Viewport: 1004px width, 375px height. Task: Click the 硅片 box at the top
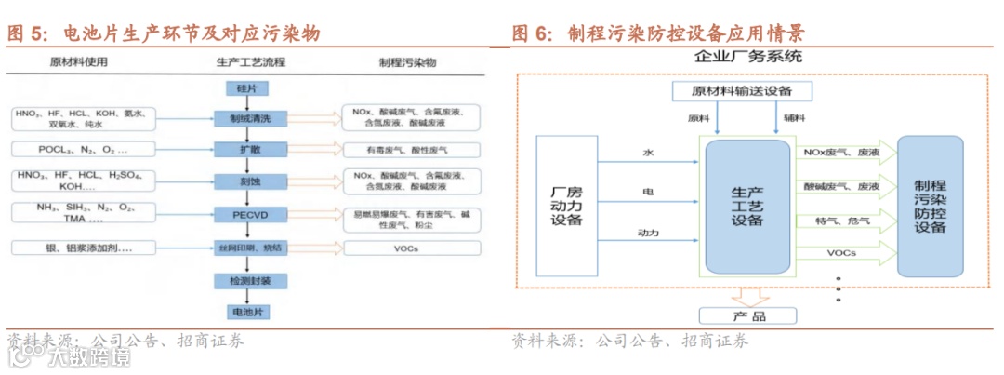click(x=246, y=88)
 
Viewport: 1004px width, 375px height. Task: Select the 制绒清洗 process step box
click(x=246, y=118)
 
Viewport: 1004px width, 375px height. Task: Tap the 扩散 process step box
click(x=246, y=149)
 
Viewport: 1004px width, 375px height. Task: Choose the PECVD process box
click(x=246, y=214)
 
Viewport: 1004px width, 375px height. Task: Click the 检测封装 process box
click(x=246, y=280)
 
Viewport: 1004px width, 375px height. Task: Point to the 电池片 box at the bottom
click(x=246, y=311)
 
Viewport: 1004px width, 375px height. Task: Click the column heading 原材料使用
click(x=80, y=63)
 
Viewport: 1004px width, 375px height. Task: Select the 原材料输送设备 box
click(x=741, y=91)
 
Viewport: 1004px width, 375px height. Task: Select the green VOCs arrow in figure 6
click(x=841, y=253)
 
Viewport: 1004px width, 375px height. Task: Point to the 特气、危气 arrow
click(x=841, y=221)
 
